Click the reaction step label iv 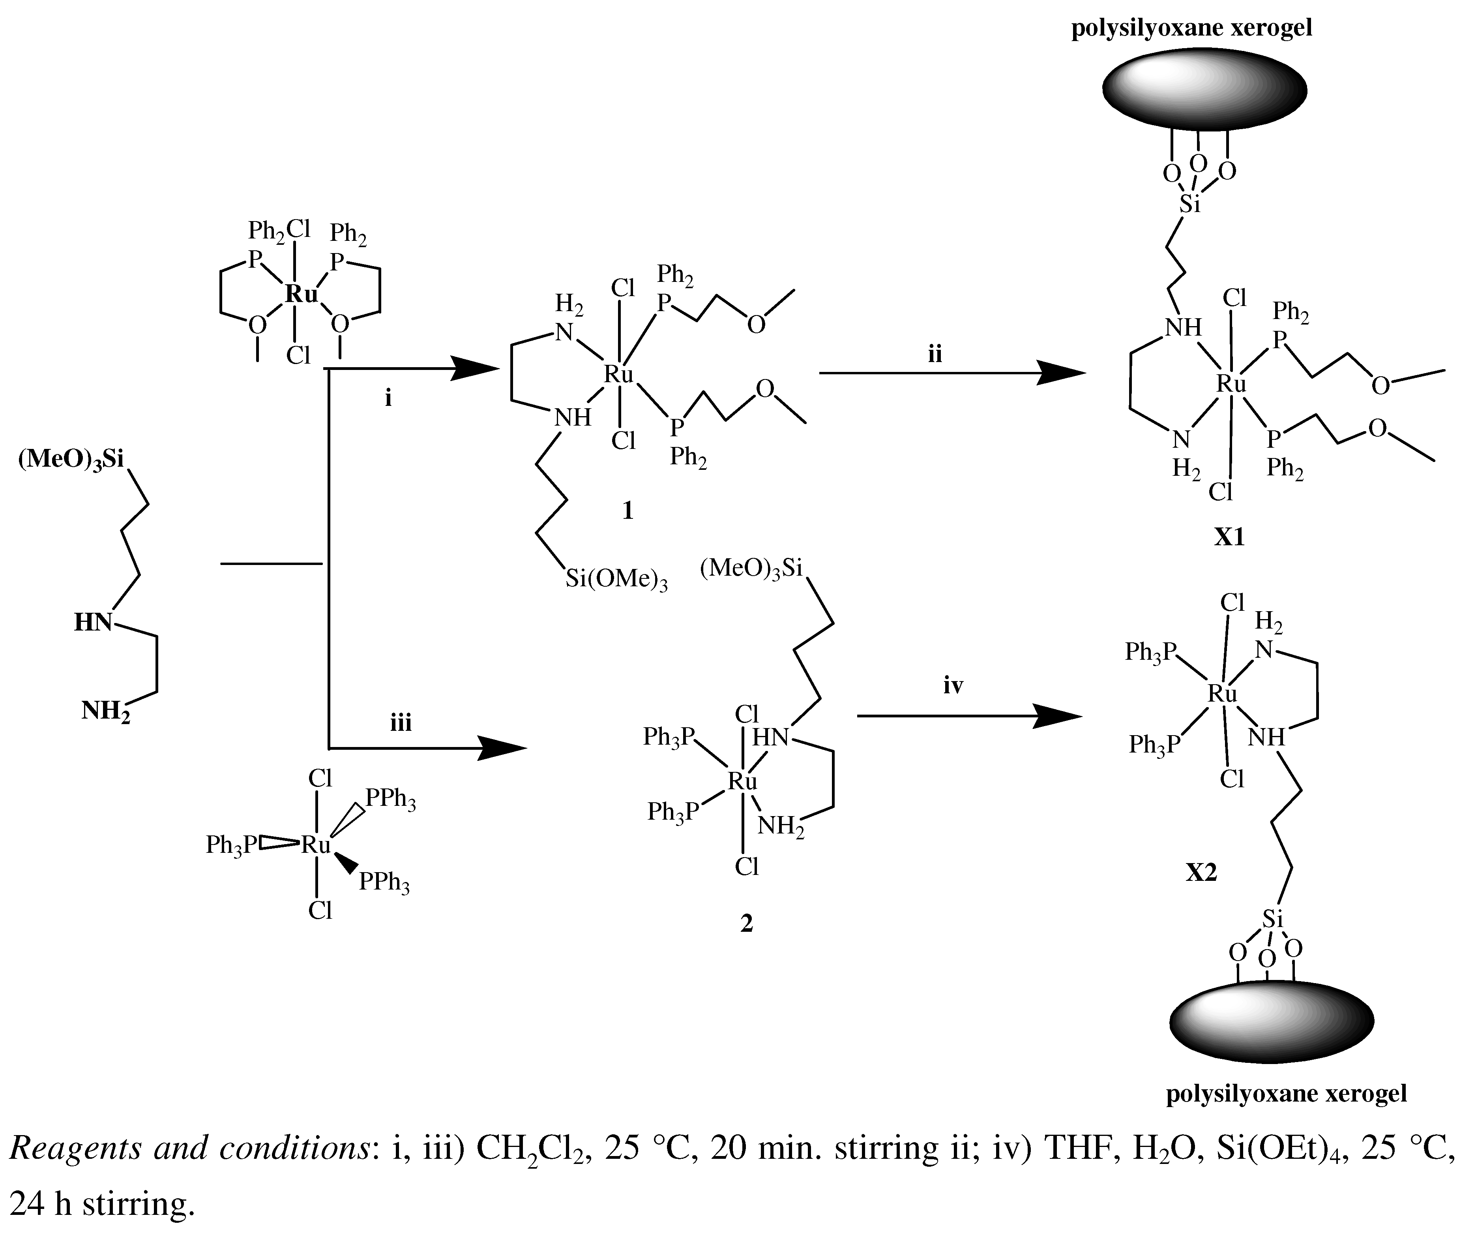[x=953, y=686]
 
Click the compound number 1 [x=627, y=511]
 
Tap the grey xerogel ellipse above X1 [x=1204, y=90]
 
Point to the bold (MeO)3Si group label [x=71, y=460]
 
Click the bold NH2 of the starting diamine [x=106, y=711]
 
